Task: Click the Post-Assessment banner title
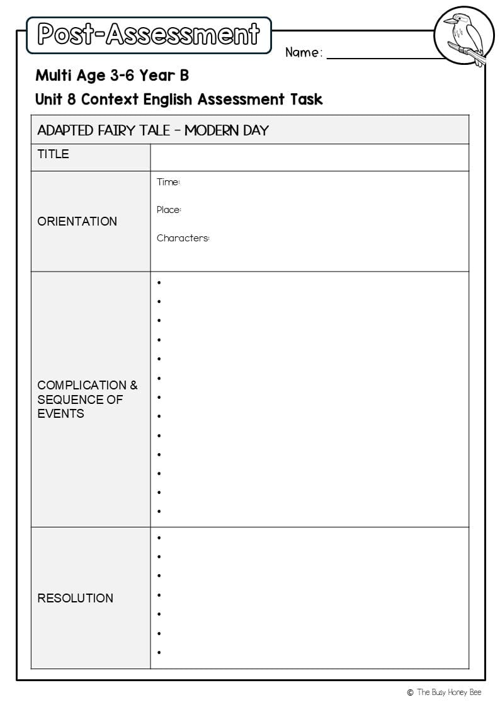(x=149, y=35)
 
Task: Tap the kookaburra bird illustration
(x=461, y=37)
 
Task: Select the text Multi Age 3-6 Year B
(x=112, y=76)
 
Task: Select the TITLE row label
(x=53, y=154)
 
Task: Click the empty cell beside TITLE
(x=309, y=158)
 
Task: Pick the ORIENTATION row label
(x=77, y=221)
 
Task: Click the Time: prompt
(x=168, y=182)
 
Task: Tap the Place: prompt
(x=169, y=210)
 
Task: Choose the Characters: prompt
(x=183, y=238)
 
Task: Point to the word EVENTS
(x=60, y=413)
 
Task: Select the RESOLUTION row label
(x=75, y=598)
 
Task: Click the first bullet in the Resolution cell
(x=159, y=537)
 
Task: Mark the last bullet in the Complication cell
(x=159, y=512)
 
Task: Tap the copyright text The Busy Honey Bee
(x=449, y=693)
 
